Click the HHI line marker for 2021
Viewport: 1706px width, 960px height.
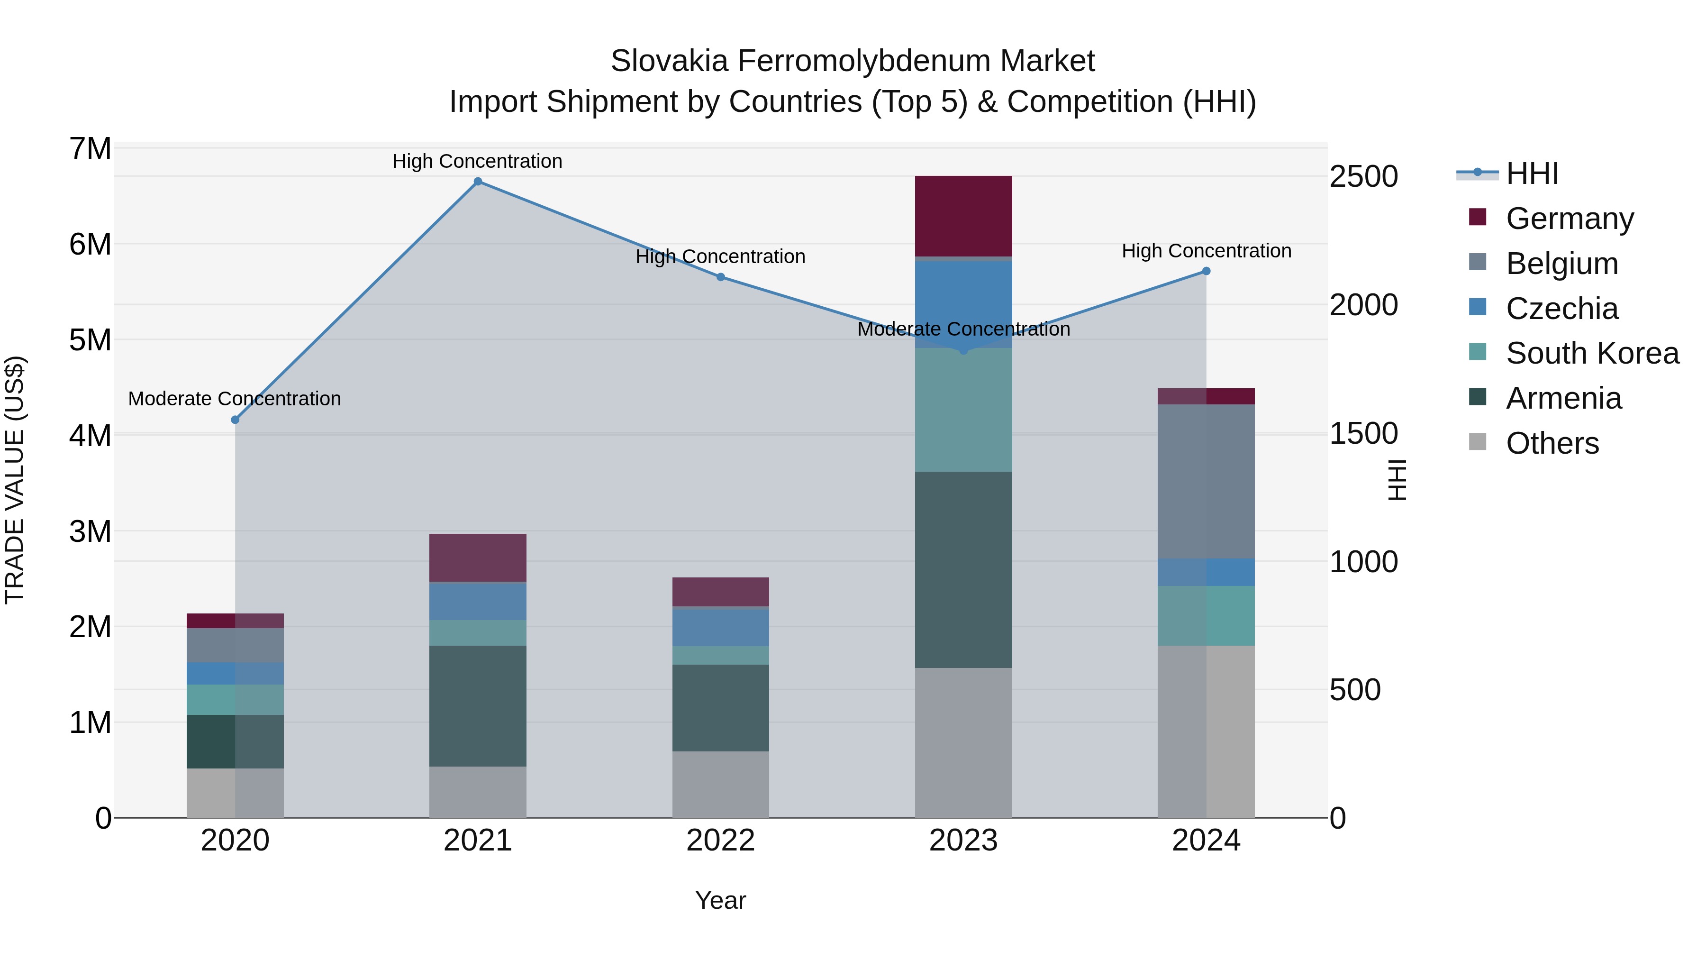coord(478,182)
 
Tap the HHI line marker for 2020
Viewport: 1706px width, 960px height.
coord(235,420)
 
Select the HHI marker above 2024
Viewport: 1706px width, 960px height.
coord(1206,271)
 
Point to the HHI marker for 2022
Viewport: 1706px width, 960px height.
coord(720,277)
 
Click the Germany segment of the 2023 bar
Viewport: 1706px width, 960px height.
coord(963,216)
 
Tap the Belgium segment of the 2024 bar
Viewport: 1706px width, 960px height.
coord(1206,481)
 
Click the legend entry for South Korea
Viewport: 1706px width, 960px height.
coord(1592,353)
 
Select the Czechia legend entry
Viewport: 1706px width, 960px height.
coord(1561,309)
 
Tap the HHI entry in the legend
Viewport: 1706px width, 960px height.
coord(1532,174)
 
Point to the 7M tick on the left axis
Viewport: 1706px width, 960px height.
coord(90,148)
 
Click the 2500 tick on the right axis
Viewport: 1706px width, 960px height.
coord(1363,177)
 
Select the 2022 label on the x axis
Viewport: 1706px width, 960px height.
coord(720,841)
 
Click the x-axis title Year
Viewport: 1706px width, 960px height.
coord(720,900)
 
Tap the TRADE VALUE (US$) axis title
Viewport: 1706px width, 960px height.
coord(15,480)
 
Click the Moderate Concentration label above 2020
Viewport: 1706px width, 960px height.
coord(235,399)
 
